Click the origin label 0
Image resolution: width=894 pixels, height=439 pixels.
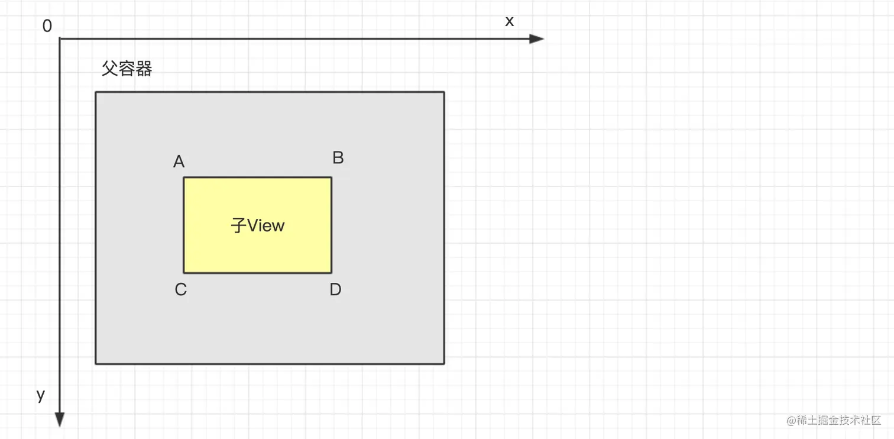(47, 27)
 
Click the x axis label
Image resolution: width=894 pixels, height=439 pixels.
(509, 21)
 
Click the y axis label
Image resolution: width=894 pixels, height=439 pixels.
(41, 395)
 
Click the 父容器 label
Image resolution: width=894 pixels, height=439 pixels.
(127, 69)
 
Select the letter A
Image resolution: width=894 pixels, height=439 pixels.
(179, 162)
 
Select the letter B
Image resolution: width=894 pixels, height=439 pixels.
(338, 158)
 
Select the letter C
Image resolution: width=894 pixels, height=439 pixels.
(181, 289)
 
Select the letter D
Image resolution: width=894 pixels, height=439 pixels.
(335, 289)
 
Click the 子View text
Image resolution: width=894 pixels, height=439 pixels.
(258, 225)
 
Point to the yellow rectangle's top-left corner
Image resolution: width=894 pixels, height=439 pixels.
(184, 177)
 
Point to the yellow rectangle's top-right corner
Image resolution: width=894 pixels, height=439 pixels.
(331, 177)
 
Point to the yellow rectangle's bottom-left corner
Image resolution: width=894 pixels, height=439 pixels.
(184, 273)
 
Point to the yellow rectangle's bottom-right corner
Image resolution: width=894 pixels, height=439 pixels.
(331, 273)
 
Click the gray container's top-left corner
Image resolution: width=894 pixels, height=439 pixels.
(96, 92)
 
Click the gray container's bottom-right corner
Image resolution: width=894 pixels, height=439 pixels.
(443, 363)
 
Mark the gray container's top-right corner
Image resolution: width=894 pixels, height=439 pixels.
(443, 92)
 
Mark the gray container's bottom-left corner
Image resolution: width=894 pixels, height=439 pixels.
(96, 363)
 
